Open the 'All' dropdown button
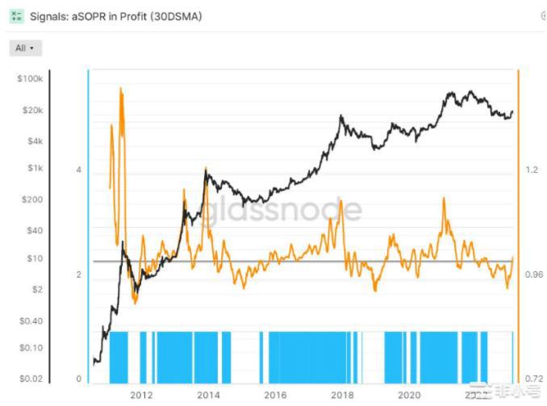[x=25, y=48]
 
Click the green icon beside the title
[x=15, y=16]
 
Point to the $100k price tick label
[x=30, y=79]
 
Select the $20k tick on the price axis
[x=31, y=111]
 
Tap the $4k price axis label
[x=33, y=141]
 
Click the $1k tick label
[x=33, y=169]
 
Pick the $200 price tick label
[x=31, y=199]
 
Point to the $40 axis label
[x=33, y=230]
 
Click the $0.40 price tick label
[x=30, y=320]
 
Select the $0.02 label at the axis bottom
[x=30, y=379]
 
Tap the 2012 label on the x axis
[x=142, y=396]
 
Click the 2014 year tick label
[x=209, y=396]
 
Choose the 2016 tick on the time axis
[x=276, y=396]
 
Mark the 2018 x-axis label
[x=343, y=396]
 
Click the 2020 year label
[x=410, y=396]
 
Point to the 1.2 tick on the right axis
[x=531, y=170]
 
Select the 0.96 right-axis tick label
[x=533, y=274]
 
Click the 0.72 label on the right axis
[x=533, y=379]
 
